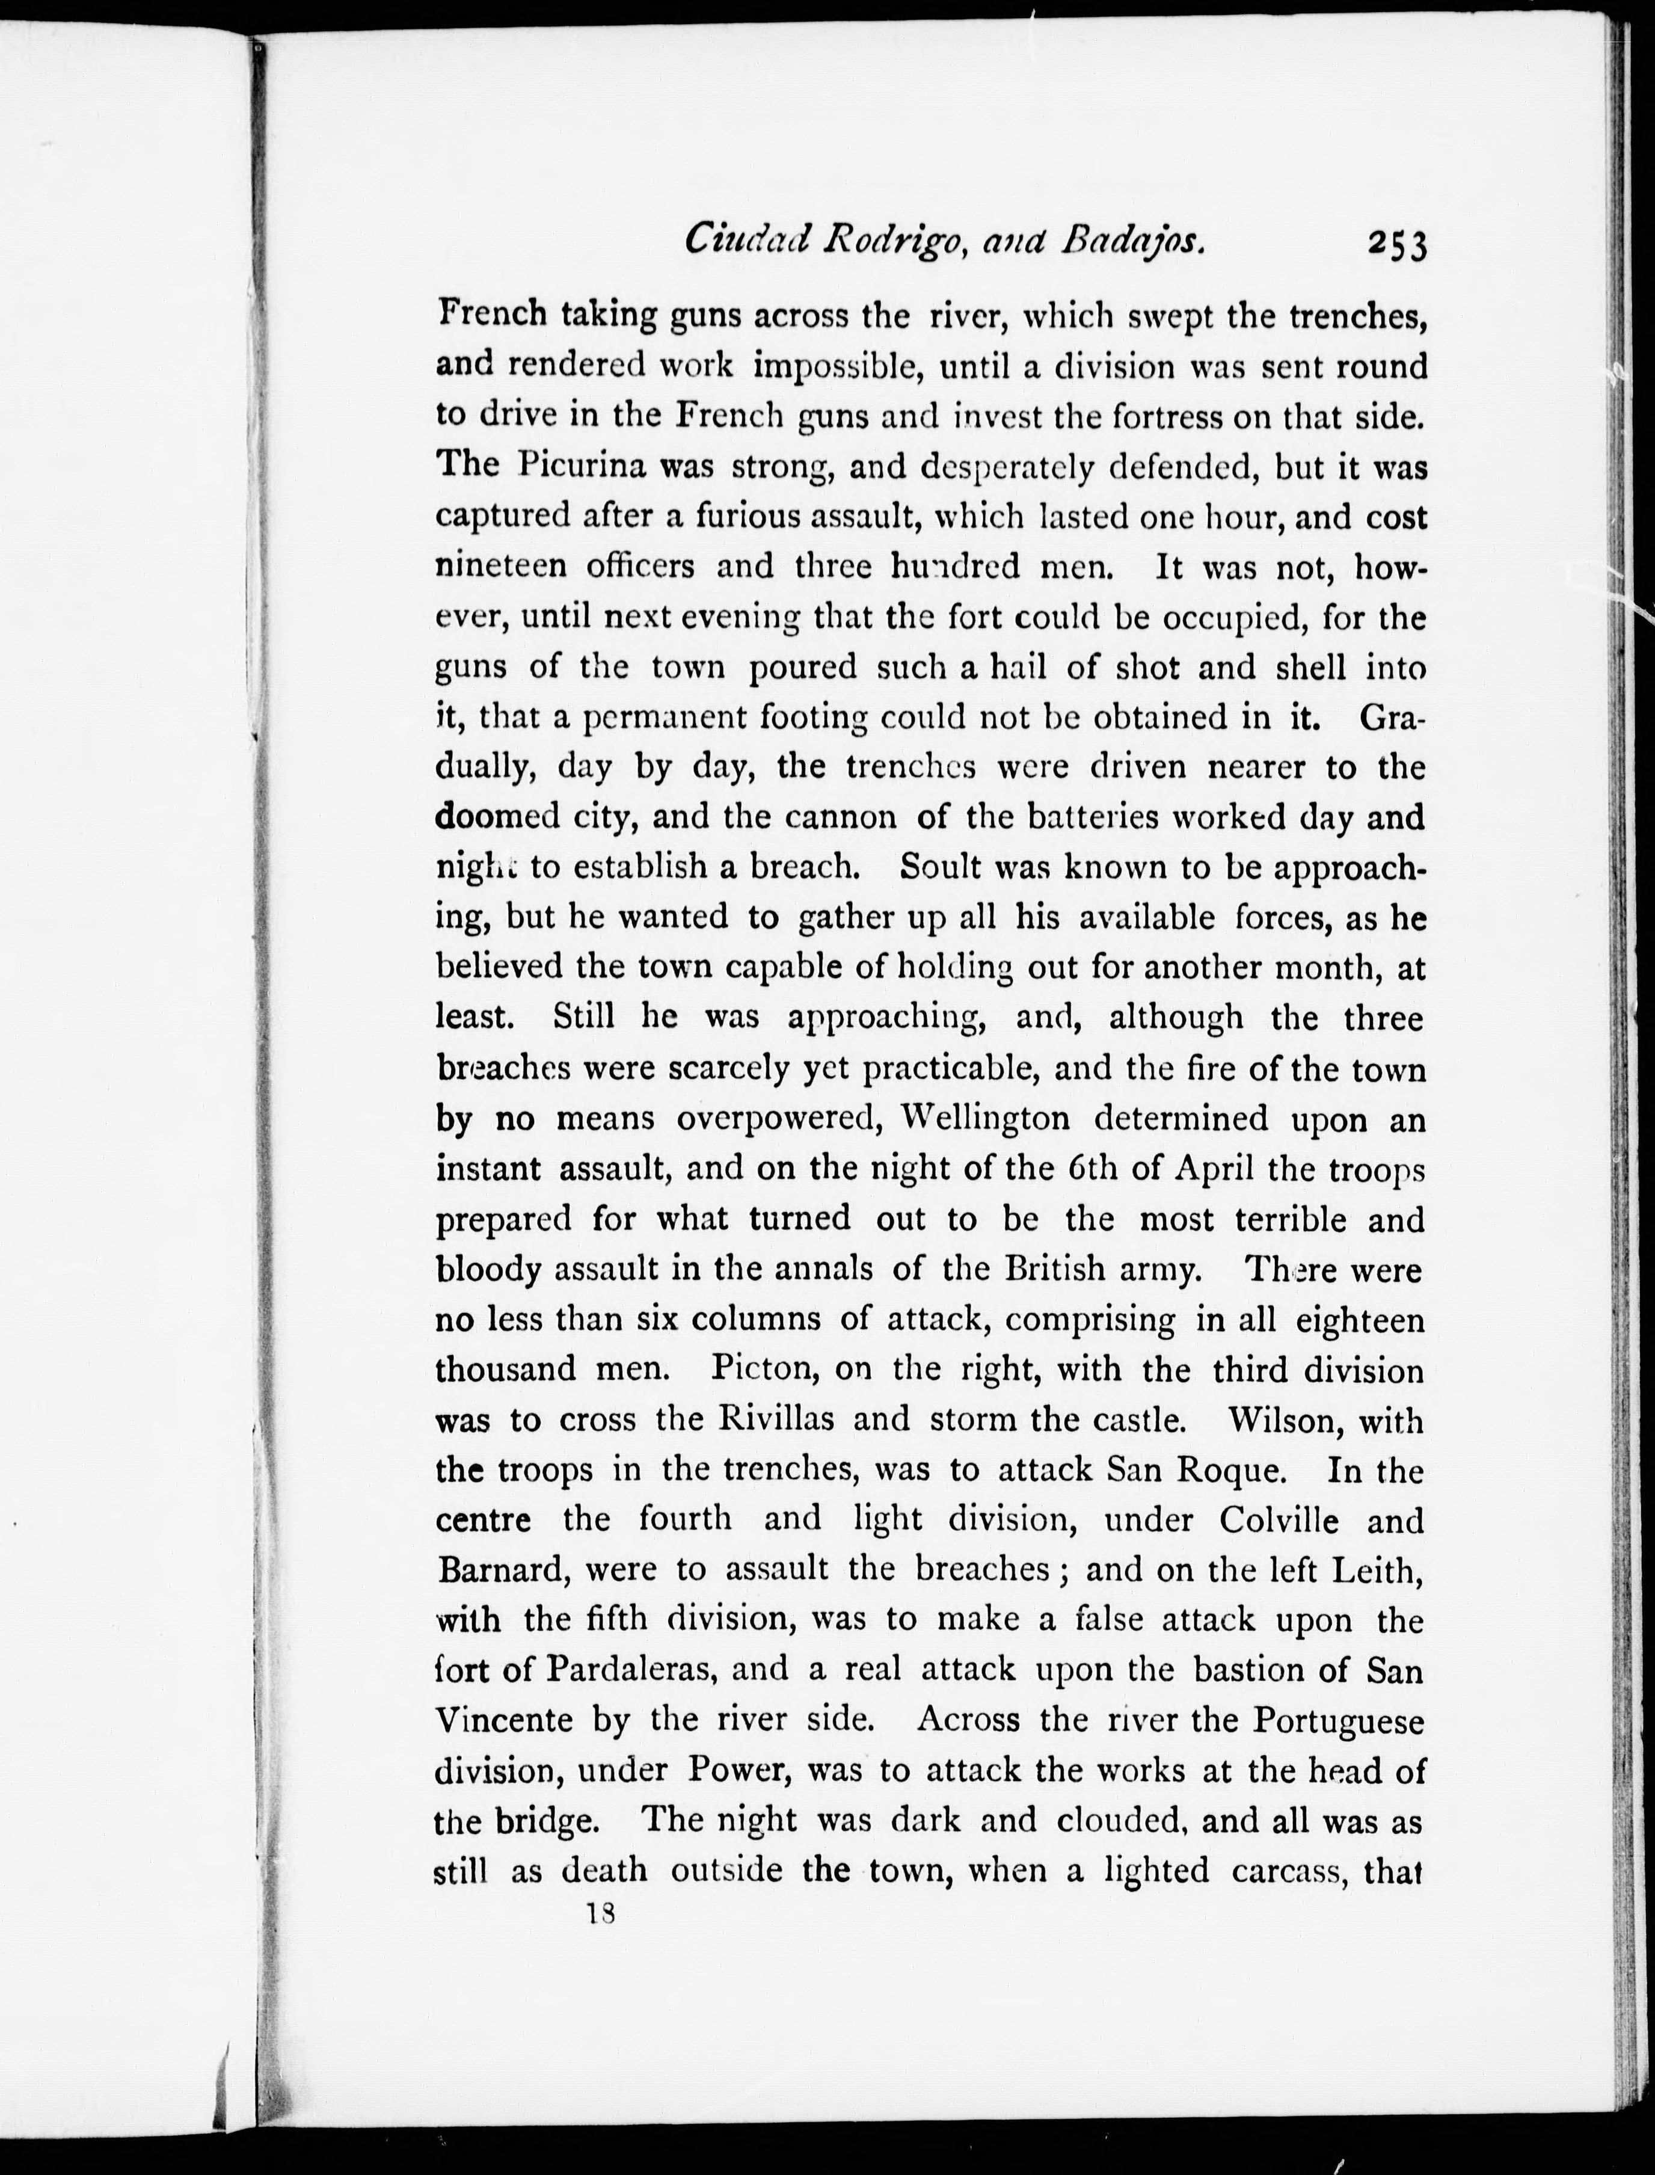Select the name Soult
pos(941,866)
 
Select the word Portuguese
pos(1339,1720)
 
